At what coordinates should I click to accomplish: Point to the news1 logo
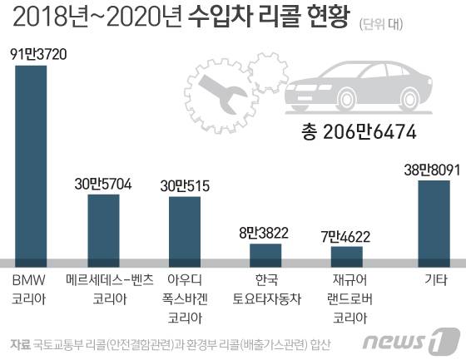[x=424, y=338]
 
